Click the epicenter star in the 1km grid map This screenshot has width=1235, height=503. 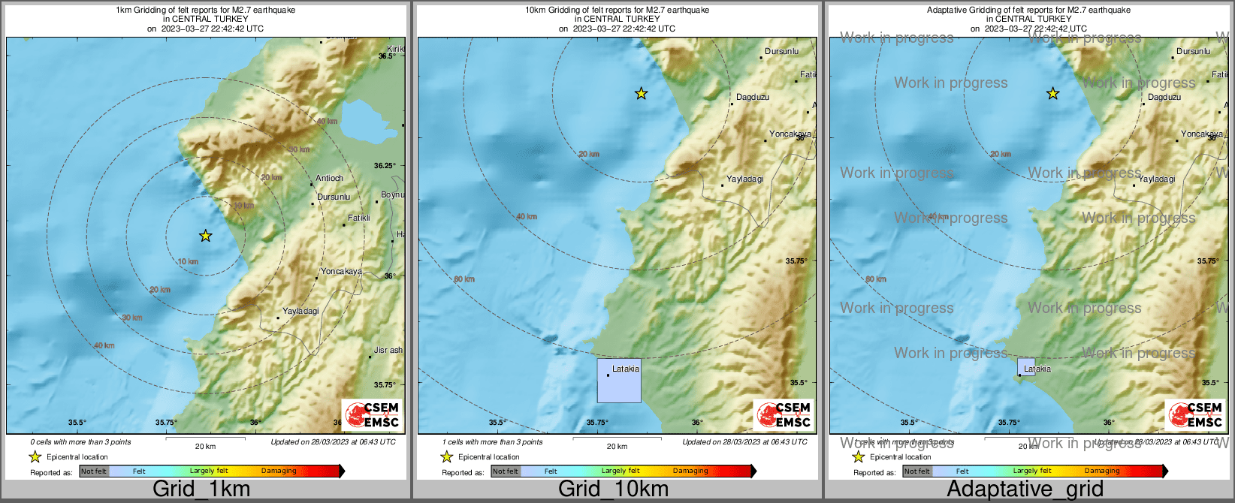(206, 236)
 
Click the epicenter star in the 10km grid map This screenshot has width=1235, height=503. (641, 94)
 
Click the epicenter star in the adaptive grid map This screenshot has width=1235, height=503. (1053, 94)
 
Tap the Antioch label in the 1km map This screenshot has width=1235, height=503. (329, 179)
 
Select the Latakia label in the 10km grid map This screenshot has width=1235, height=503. (626, 369)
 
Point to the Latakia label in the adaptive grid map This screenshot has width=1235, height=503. (1037, 369)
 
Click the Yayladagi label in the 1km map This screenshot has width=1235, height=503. (300, 311)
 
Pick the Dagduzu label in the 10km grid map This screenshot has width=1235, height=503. (752, 97)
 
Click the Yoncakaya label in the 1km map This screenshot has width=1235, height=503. (341, 272)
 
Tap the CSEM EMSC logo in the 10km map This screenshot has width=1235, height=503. (784, 415)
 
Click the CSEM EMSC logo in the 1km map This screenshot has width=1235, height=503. (373, 415)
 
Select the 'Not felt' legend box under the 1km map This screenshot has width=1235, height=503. (94, 471)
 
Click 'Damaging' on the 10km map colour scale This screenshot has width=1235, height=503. (690, 471)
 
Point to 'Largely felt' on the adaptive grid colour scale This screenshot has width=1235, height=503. (1032, 471)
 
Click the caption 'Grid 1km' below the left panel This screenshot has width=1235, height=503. (201, 489)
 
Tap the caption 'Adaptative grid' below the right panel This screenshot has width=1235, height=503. (1025, 489)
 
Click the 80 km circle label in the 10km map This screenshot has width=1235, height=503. (464, 279)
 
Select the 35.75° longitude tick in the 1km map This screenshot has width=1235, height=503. (166, 423)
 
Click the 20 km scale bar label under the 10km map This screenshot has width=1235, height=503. (617, 447)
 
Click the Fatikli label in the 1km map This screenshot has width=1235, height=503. (358, 218)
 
